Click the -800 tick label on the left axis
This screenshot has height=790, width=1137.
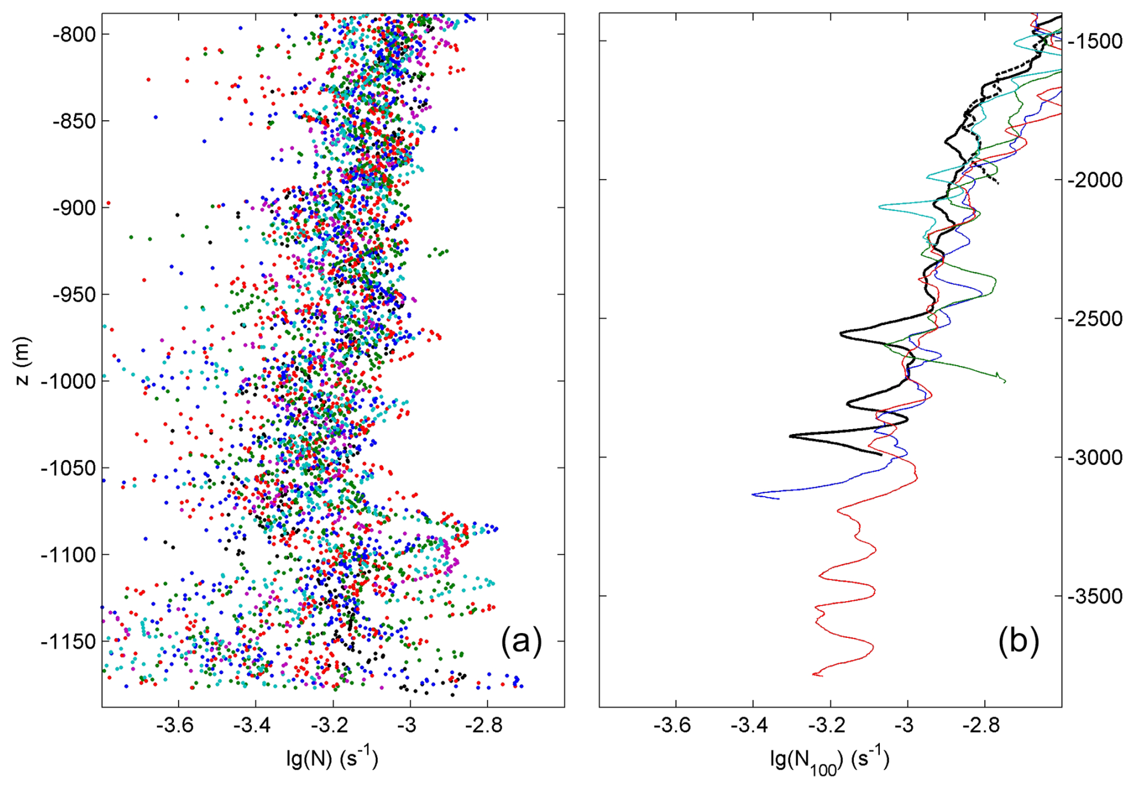click(x=74, y=35)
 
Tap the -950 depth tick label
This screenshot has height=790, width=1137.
click(x=74, y=295)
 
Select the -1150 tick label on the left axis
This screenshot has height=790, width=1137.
click(x=69, y=642)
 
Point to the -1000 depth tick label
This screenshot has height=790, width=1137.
click(x=69, y=382)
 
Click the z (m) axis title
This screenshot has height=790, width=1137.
click(x=22, y=361)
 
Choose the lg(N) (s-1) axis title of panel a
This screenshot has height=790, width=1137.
click(x=332, y=759)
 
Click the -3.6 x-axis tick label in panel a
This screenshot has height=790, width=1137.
click(x=174, y=726)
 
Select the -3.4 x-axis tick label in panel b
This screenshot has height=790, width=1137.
click(x=749, y=726)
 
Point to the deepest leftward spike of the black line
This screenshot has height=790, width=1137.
click(x=790, y=435)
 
